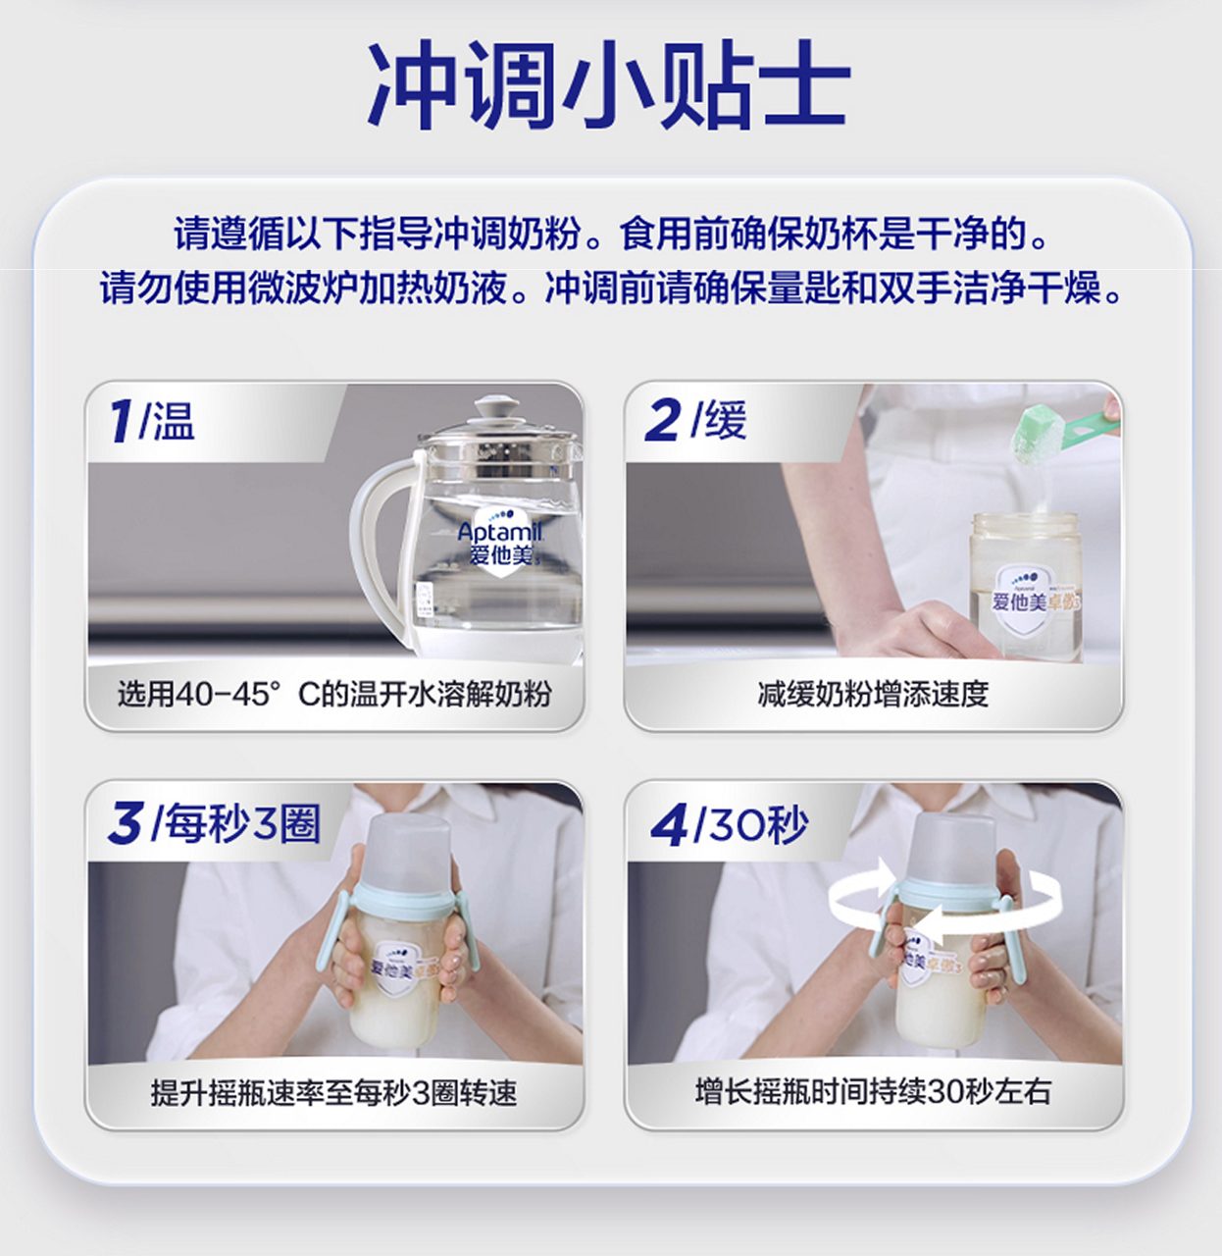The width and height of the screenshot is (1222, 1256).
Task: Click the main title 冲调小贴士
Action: click(608, 86)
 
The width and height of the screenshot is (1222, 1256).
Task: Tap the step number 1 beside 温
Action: click(122, 421)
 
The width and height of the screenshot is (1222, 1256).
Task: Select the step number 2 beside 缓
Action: click(663, 421)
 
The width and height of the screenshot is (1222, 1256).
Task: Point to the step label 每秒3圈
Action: click(241, 822)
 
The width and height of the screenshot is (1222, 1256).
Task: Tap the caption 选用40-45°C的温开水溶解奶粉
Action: click(333, 694)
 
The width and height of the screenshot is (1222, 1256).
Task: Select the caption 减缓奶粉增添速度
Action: click(873, 694)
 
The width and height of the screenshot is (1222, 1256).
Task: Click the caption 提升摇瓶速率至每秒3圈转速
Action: click(333, 1092)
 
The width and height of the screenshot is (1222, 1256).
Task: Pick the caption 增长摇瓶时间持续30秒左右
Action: click(873, 1091)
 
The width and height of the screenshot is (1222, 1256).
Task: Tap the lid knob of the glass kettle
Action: click(497, 405)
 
